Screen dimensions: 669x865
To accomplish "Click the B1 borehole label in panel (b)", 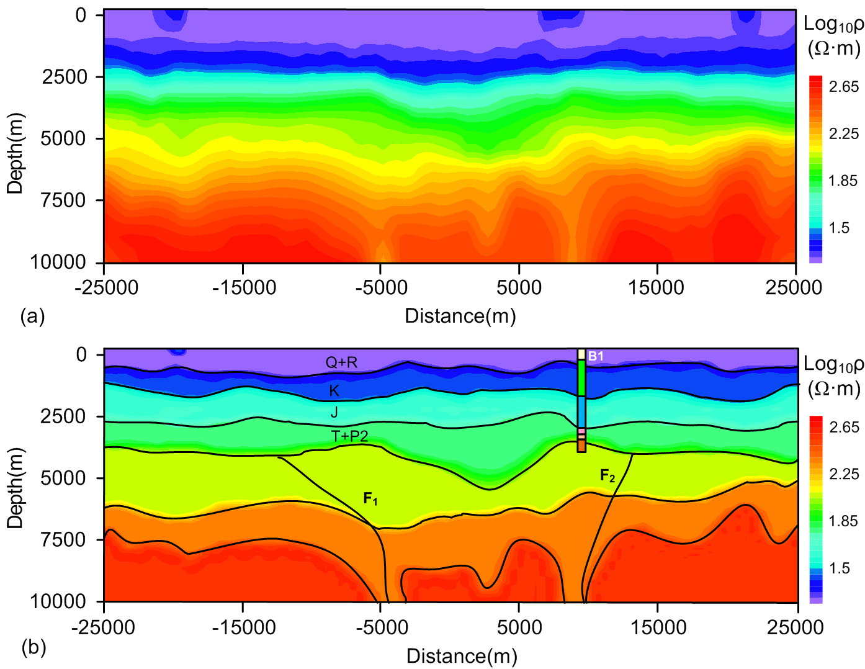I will click(x=596, y=356).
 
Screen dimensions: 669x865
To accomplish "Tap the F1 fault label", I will click(x=370, y=498).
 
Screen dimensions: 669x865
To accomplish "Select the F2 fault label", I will click(x=607, y=476).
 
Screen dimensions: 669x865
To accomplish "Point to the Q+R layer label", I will click(x=341, y=362).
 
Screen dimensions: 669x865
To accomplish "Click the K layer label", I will click(x=334, y=390).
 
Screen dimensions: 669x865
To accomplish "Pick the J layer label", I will click(x=334, y=412).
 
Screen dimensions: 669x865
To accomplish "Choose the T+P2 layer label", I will click(x=349, y=436).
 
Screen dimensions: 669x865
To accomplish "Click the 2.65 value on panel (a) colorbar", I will click(x=844, y=87).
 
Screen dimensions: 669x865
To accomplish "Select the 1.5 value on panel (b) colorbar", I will click(x=839, y=568).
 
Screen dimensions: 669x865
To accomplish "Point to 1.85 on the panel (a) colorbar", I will click(x=843, y=181).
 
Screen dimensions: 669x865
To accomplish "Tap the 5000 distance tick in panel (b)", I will click(x=519, y=627).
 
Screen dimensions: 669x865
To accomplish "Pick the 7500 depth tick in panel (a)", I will click(x=63, y=200).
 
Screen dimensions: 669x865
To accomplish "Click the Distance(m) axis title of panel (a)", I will click(x=460, y=316).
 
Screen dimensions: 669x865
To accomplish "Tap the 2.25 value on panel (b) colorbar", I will click(x=844, y=474).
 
